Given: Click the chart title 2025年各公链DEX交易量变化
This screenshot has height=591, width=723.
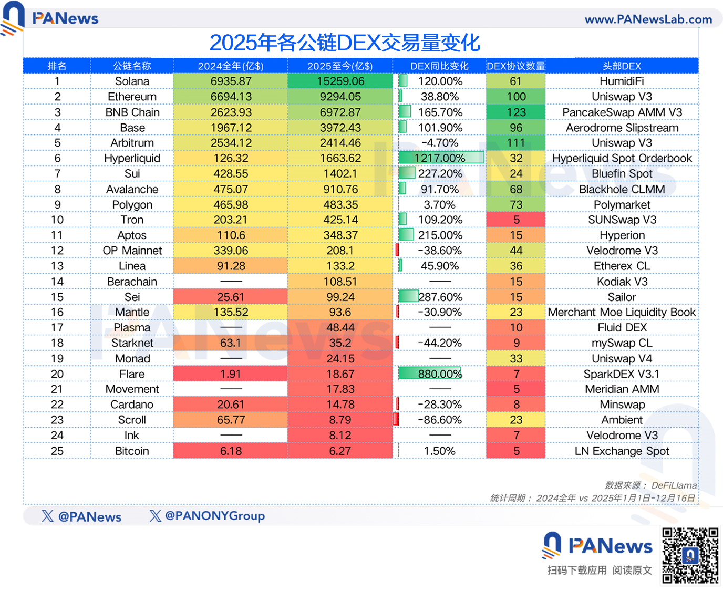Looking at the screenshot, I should point(345,43).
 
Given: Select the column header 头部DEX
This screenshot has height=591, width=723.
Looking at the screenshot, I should point(622,66).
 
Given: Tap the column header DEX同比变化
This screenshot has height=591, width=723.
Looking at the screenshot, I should point(439,66).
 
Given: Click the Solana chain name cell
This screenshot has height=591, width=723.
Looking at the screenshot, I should point(132,81).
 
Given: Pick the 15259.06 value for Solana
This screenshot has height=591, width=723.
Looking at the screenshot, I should point(340,81).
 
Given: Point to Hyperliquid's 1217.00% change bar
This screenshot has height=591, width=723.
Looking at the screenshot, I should point(440,158).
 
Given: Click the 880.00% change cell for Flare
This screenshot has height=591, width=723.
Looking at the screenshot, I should point(440,374).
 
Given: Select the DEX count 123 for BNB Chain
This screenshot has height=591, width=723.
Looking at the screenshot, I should point(516,112).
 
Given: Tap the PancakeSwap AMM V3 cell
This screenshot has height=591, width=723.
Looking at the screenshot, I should point(622,112).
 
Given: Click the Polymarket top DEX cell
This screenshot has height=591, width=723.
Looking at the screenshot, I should point(622,205).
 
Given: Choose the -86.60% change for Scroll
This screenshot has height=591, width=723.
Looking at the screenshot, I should point(440,420).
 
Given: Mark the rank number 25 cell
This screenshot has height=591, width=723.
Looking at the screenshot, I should point(57,451).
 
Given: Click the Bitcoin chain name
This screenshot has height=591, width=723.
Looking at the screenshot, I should point(132,451).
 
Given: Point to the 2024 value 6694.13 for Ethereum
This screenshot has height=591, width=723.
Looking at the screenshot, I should point(231,97).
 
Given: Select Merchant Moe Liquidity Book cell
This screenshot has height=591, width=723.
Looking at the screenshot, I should point(622,313).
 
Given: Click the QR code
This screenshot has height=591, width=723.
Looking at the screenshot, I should point(690,555).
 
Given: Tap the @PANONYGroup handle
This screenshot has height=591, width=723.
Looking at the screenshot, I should point(214,516).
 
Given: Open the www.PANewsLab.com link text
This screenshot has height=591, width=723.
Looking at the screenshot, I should point(648,19).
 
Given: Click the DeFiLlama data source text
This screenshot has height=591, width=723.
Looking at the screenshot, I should point(674,485).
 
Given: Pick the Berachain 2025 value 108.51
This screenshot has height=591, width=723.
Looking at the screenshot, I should point(340,282).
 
